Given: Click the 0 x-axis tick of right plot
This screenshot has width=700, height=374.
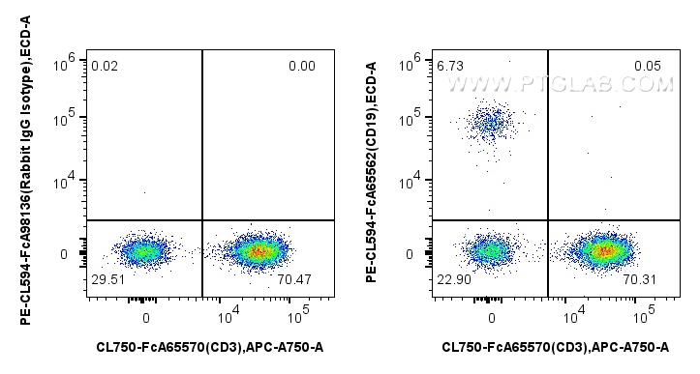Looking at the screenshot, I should click(x=492, y=317).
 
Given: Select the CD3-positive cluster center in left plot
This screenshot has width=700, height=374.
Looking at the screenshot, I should click(x=256, y=252).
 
